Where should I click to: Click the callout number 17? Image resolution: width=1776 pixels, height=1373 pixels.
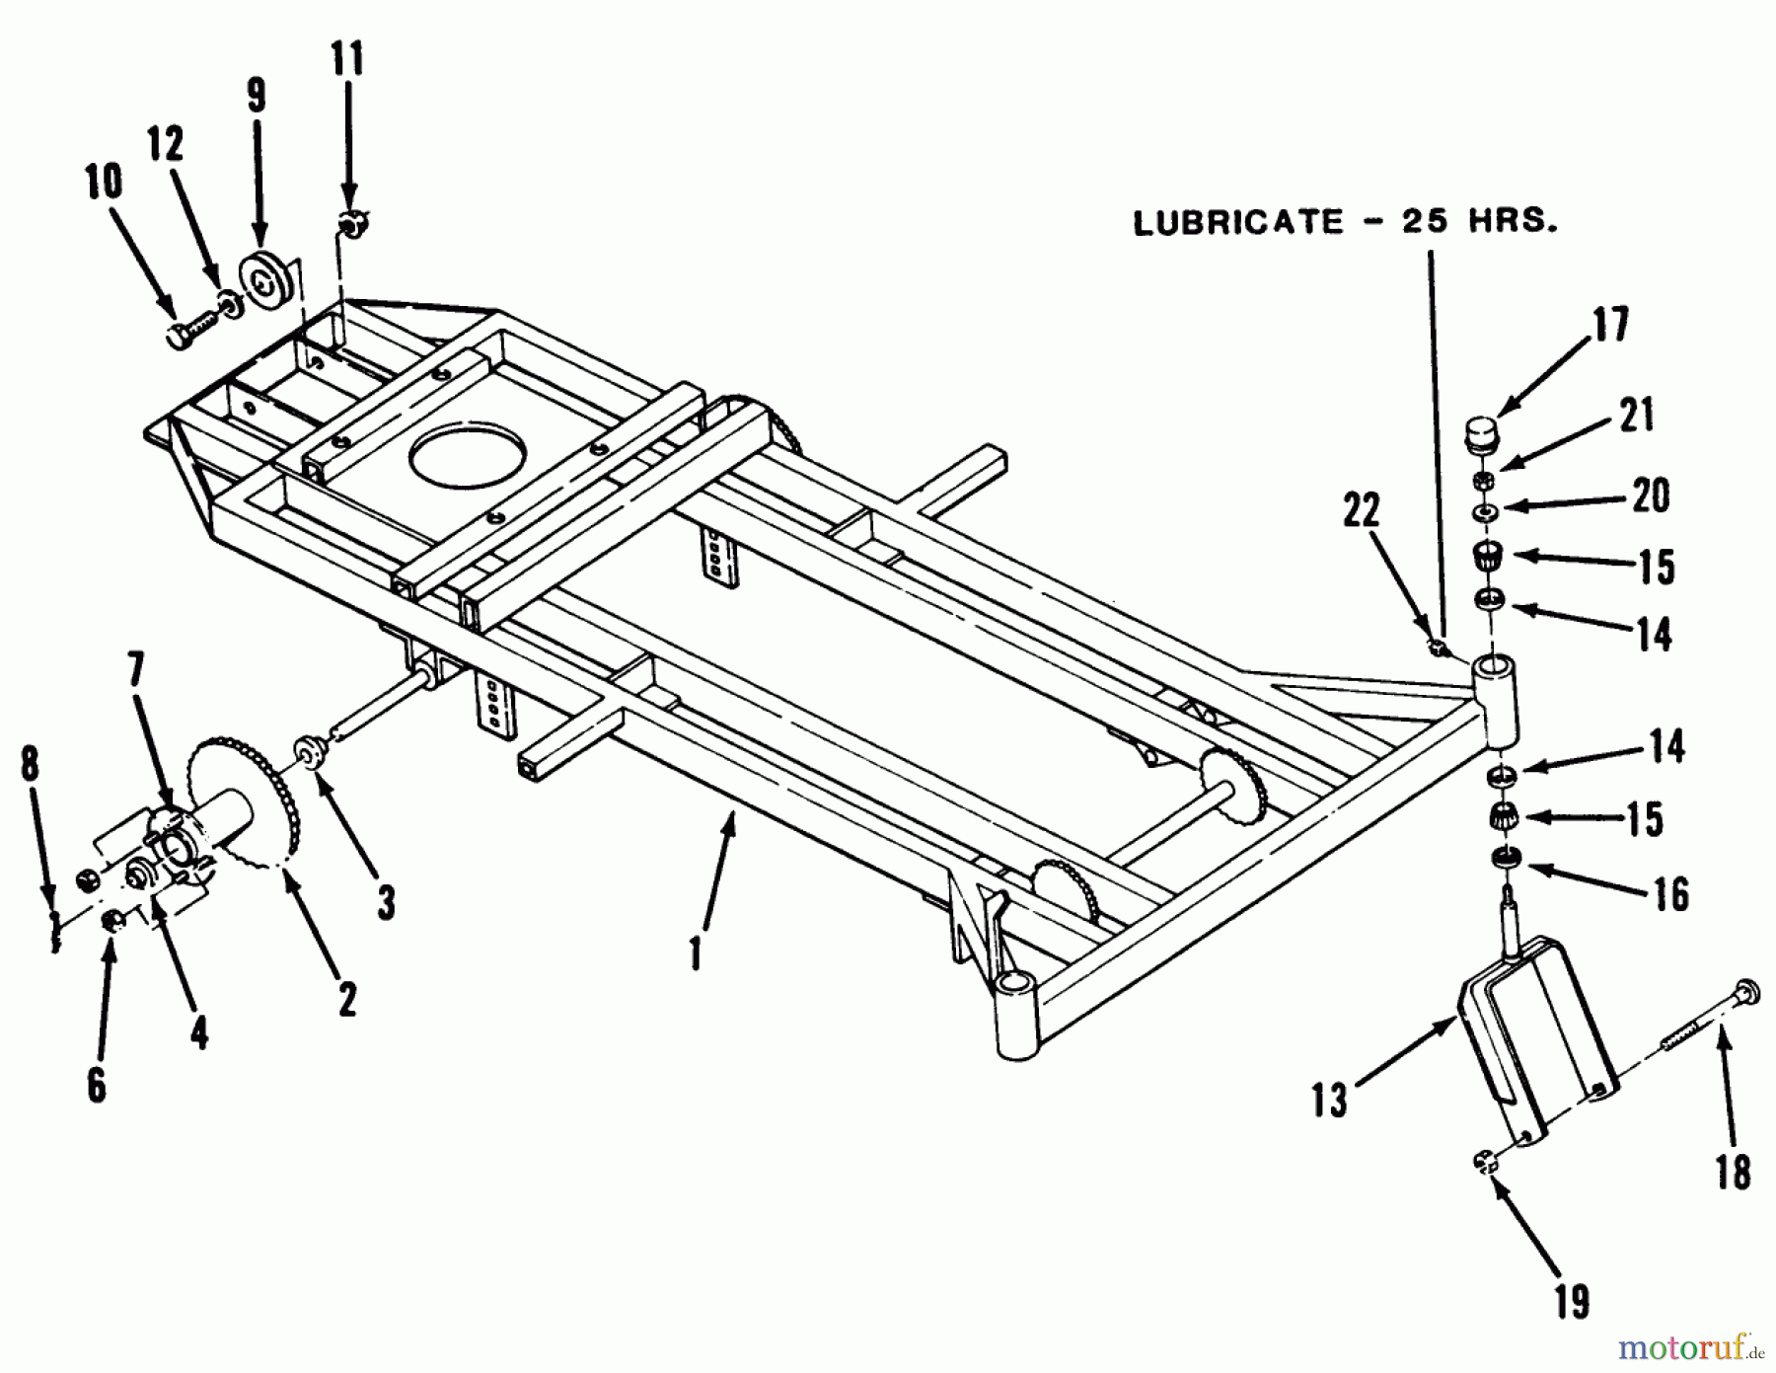[1610, 325]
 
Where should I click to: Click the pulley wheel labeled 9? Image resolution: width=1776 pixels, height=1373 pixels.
[267, 284]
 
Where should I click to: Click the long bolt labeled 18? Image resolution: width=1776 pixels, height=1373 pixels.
[1699, 1047]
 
